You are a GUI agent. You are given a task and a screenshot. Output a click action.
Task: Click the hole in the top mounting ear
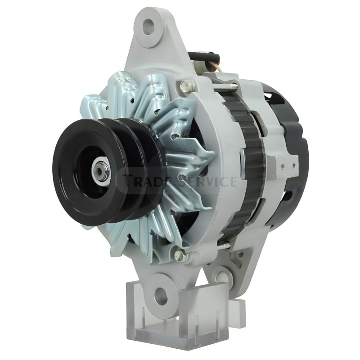click(148, 26)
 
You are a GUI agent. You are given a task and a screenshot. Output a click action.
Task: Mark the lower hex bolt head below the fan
click(180, 255)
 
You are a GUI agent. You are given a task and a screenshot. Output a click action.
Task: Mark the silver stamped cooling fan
click(180, 135)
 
